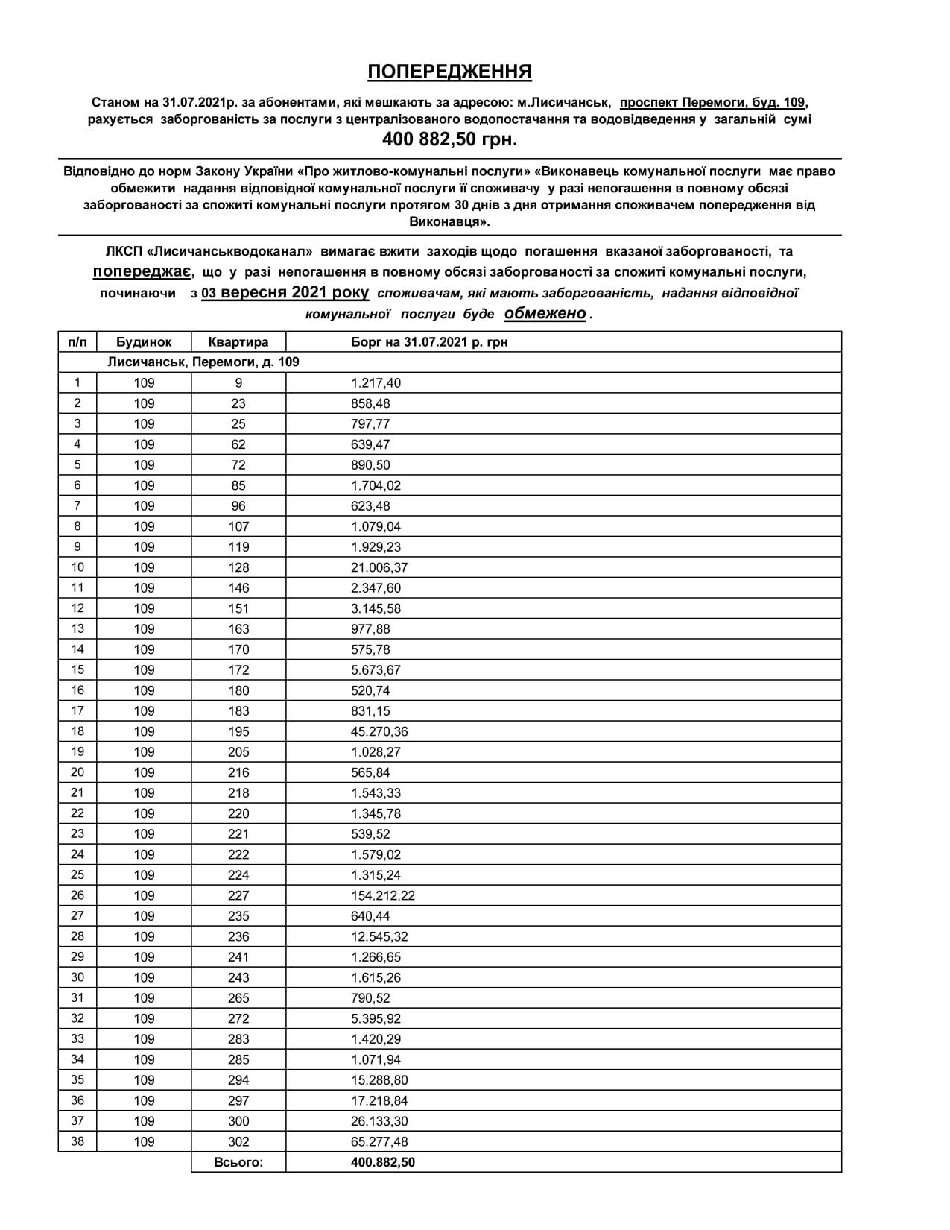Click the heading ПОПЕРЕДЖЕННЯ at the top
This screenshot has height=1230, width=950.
click(x=449, y=72)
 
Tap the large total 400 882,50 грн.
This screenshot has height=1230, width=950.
click(x=449, y=139)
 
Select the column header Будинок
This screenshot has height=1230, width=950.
click(x=144, y=342)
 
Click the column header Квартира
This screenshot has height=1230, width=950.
click(x=238, y=342)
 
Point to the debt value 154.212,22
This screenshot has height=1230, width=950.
click(x=383, y=896)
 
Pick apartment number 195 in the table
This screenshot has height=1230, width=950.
click(x=238, y=732)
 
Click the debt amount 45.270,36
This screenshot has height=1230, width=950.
click(x=379, y=732)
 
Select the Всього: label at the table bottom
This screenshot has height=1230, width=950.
click(x=238, y=1162)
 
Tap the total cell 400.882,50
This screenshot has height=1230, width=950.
click(x=383, y=1162)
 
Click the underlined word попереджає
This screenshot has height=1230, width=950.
click(x=142, y=271)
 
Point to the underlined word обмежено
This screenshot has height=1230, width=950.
click(x=545, y=313)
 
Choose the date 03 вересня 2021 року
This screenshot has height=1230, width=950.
click(x=285, y=293)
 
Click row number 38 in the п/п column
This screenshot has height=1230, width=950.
click(x=77, y=1141)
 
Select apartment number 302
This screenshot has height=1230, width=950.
click(x=238, y=1142)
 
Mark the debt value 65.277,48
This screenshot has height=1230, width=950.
click(x=379, y=1142)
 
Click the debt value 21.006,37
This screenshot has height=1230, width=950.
click(x=379, y=568)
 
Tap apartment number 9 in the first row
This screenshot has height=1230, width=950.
click(x=238, y=383)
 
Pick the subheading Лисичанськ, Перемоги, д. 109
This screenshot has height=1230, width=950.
click(x=203, y=362)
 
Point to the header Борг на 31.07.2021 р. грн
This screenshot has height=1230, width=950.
click(x=429, y=342)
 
